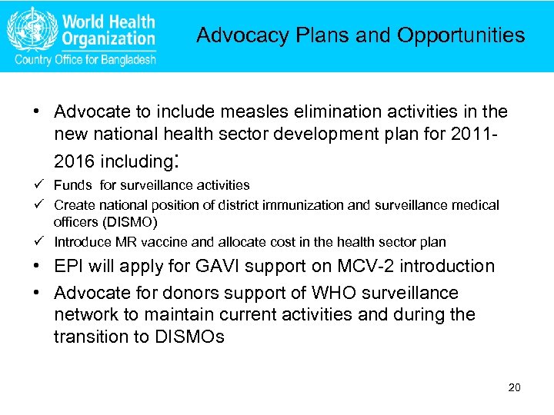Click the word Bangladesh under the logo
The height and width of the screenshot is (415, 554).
[128, 60]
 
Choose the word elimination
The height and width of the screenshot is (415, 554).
[312, 112]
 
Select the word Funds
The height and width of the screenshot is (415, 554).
[71, 184]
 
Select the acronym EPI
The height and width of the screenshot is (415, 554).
[72, 267]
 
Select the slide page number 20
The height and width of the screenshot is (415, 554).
[515, 387]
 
